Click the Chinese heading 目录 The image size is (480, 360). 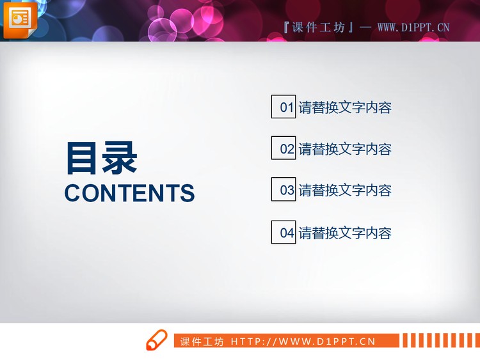[x=101, y=158]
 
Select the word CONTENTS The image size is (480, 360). [x=129, y=193]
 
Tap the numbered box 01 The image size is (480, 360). [x=284, y=107]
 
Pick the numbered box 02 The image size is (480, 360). [x=284, y=148]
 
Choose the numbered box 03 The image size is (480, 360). [x=284, y=189]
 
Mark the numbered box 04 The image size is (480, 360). [x=284, y=232]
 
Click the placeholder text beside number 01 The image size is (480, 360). [x=345, y=107]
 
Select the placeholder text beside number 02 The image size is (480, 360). [x=345, y=149]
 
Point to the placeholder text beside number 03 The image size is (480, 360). [x=345, y=190]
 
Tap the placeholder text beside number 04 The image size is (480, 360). [x=345, y=233]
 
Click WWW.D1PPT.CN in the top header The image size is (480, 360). [x=413, y=27]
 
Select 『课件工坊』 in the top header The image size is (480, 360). [x=317, y=27]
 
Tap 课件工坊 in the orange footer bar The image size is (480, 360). [x=202, y=341]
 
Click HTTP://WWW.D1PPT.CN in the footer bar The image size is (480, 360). [x=303, y=341]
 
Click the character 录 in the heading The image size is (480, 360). [x=119, y=158]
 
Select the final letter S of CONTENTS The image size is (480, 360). [x=188, y=193]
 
